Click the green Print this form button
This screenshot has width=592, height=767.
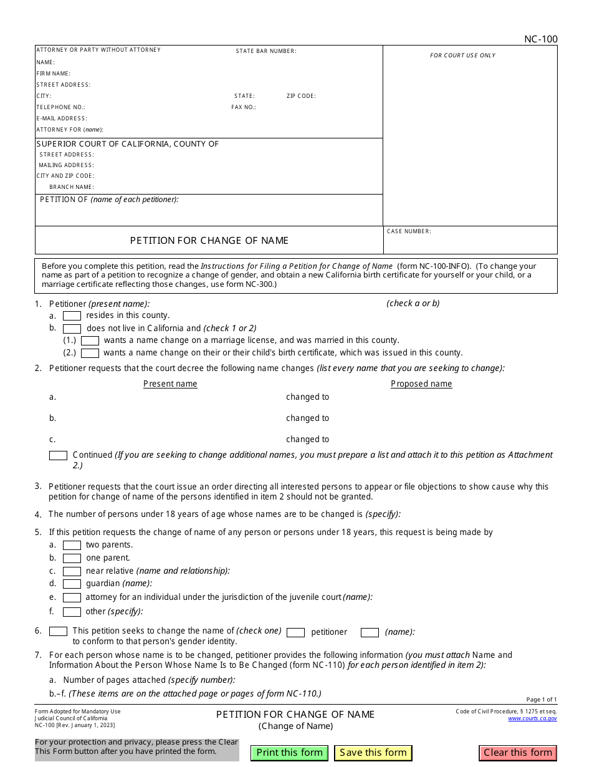coord(289,753)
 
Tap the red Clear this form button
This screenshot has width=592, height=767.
coord(518,753)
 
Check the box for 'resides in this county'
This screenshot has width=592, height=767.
coord(72,316)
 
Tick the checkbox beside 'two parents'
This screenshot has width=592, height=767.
coord(72,546)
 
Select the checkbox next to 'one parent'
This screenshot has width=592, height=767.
coord(72,559)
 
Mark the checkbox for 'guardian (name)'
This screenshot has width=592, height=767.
coord(72,584)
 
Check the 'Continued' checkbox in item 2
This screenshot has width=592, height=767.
coord(58,456)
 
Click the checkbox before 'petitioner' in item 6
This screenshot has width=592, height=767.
coord(295,632)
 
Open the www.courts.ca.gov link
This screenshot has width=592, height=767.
coord(532,718)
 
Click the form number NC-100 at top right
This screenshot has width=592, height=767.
coord(540,39)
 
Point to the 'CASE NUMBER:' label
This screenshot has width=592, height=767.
coord(409,231)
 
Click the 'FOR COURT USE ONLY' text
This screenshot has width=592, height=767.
coord(462,55)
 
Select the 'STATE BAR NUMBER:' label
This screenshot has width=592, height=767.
coord(266,51)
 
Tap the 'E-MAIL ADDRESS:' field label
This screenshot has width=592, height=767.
coord(62,118)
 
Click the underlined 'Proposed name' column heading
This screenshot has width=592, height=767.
coord(421,384)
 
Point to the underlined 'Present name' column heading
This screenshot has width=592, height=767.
coord(170,384)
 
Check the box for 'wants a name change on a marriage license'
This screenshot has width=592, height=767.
coord(90,341)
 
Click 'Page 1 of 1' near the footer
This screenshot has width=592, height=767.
coord(542,700)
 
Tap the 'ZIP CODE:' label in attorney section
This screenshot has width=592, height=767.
coord(301,96)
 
